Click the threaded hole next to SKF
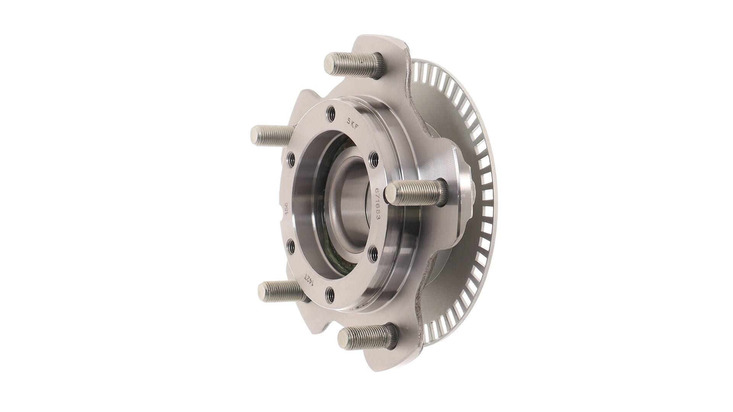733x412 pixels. coord(331,113)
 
